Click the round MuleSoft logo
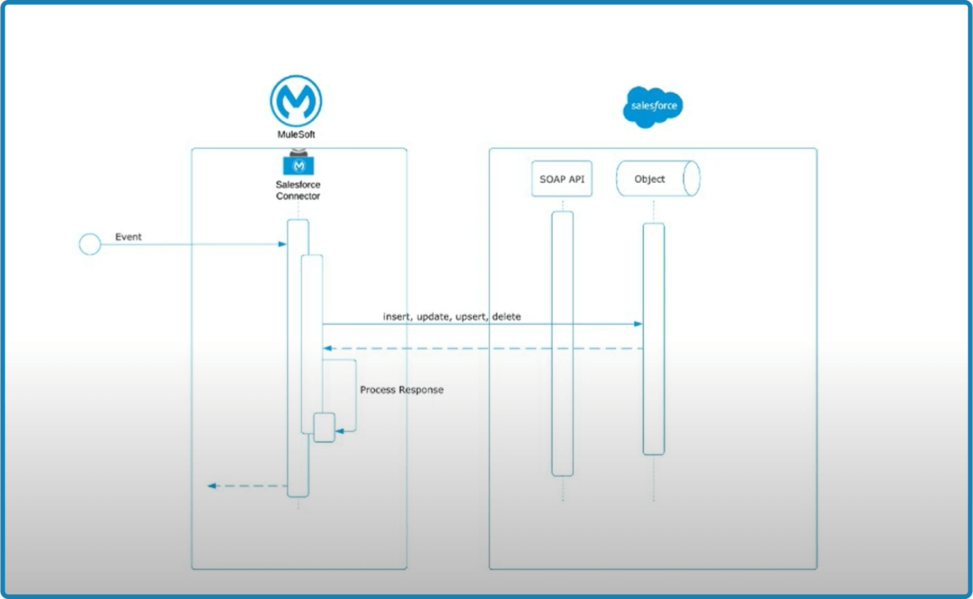(x=296, y=101)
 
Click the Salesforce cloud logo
(x=653, y=106)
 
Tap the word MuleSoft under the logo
(x=296, y=134)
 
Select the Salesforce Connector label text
(x=298, y=190)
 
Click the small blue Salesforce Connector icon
(x=298, y=164)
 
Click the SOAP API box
(x=562, y=179)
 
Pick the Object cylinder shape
(x=658, y=179)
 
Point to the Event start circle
(x=90, y=244)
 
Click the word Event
(x=129, y=237)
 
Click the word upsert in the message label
(x=471, y=317)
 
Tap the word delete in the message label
(x=506, y=317)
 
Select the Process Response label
(x=401, y=390)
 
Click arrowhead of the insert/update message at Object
(x=638, y=324)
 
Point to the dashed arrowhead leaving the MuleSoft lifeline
(x=212, y=486)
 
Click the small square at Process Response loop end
(x=324, y=427)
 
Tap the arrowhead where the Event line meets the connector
(x=283, y=244)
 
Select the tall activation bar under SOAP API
(x=563, y=343)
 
